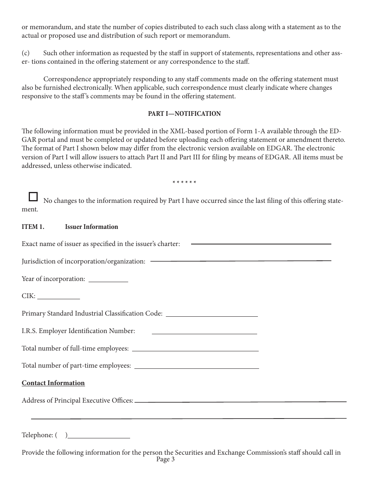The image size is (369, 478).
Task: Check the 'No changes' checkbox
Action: [x=33, y=197]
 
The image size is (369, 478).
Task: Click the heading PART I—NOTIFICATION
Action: [x=184, y=114]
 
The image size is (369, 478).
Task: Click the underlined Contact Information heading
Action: [x=53, y=383]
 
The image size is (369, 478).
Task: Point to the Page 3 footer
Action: [x=165, y=460]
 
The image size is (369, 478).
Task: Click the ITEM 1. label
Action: [x=33, y=227]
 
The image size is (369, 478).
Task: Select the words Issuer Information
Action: [x=92, y=227]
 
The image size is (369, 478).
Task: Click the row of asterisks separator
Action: [x=184, y=183]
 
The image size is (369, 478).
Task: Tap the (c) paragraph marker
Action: [x=25, y=53]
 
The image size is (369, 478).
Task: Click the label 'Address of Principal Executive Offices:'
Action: [x=77, y=401]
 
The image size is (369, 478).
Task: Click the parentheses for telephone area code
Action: [x=61, y=435]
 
